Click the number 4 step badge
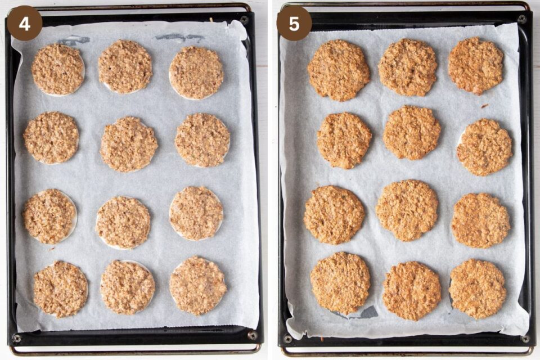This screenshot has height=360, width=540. click(x=25, y=23)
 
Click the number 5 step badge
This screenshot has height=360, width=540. click(x=294, y=23)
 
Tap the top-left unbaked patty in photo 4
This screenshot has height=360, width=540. click(x=58, y=70)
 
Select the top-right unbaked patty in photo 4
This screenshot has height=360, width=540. click(x=196, y=73)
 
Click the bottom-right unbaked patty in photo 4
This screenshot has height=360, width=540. click(x=198, y=286)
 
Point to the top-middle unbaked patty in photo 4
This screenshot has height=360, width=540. click(x=125, y=66)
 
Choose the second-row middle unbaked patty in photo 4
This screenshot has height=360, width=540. click(x=129, y=145)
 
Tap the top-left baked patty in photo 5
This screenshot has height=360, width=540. click(x=339, y=70)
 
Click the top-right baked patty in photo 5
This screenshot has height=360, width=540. click(x=476, y=65)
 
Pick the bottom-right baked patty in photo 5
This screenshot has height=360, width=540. click(x=478, y=289)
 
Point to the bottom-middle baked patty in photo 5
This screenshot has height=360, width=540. click(x=412, y=291)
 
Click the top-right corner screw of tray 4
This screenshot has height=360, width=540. click(x=245, y=20)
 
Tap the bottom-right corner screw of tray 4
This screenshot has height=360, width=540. click(x=253, y=336)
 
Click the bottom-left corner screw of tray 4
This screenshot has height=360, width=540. click(x=16, y=339)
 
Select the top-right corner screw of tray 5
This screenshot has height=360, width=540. click(x=521, y=19)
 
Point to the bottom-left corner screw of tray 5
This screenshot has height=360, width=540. click(x=287, y=339)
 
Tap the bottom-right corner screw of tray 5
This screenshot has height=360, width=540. click(x=526, y=339)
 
